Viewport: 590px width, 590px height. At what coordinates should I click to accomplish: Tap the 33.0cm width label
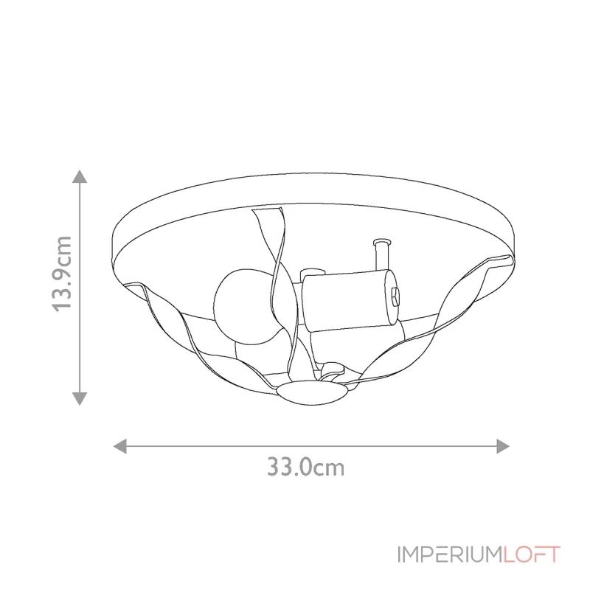[305, 467]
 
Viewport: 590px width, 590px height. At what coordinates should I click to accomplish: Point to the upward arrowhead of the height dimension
[80, 177]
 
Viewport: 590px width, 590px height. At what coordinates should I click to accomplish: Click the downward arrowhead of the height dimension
[80, 398]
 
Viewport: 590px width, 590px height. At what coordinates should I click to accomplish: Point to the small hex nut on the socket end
[396, 296]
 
